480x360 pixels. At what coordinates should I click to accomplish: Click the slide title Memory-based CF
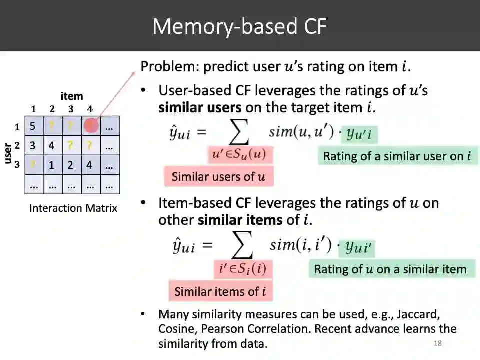[239, 26]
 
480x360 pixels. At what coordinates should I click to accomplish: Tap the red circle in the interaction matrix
[91, 126]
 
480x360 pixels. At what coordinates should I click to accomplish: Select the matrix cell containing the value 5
[33, 126]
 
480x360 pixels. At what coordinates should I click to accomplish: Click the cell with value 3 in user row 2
[33, 146]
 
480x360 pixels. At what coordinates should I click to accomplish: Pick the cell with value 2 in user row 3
[71, 165]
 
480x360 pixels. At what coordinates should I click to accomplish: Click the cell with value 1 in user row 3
[52, 165]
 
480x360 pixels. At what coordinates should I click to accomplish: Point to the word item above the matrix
[72, 96]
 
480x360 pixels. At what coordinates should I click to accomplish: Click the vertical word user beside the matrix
[8, 153]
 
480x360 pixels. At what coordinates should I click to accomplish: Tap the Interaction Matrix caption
[73, 208]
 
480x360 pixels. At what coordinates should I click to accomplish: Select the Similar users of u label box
[218, 177]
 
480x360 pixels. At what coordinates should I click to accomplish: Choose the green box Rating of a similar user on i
[397, 156]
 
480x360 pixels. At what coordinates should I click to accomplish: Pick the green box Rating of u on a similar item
[390, 269]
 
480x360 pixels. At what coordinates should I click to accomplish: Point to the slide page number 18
[438, 343]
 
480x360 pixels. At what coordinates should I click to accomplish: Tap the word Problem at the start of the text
[162, 66]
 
